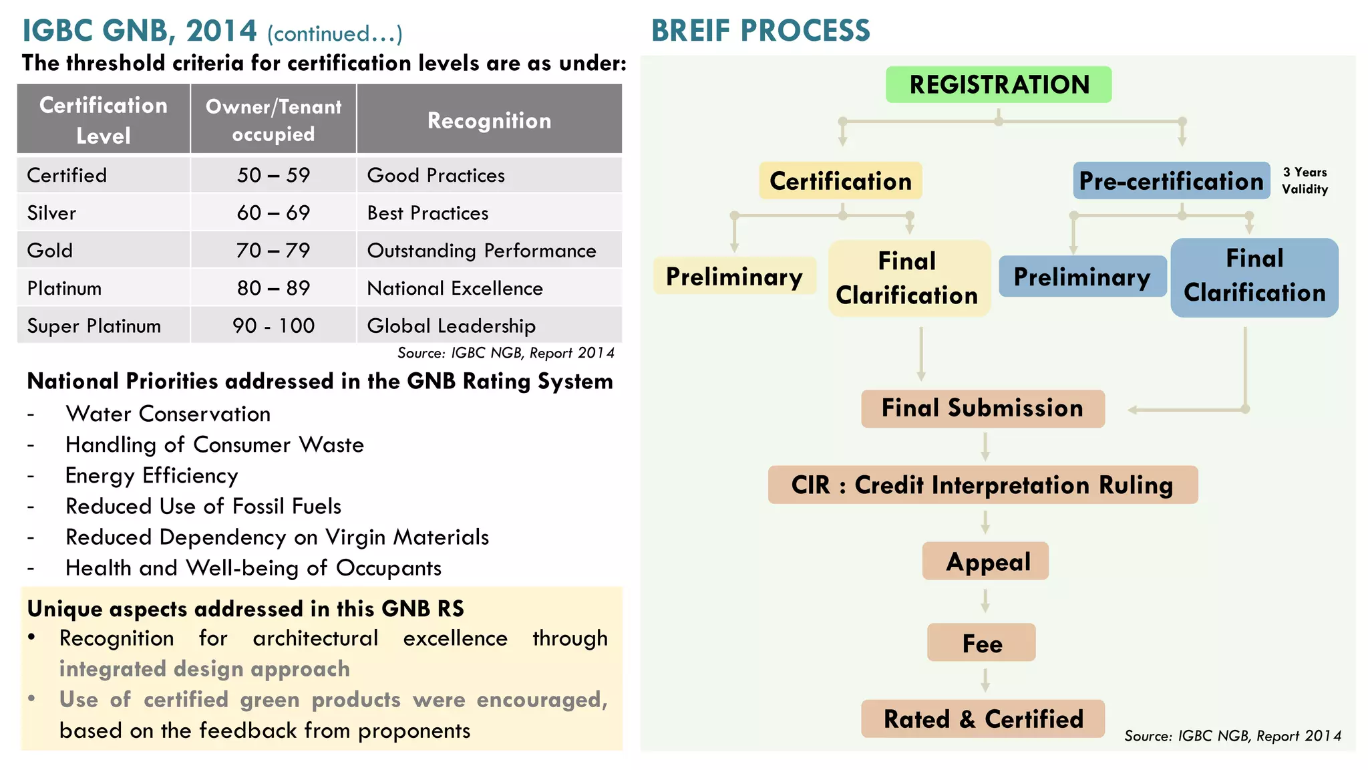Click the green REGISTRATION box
[999, 85]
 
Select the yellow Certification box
[840, 181]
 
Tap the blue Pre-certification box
[1171, 181]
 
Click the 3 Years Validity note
[1305, 180]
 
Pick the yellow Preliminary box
[734, 276]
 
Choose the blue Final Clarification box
[1254, 277]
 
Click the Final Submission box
[982, 408]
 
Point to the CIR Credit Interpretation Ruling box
[982, 485]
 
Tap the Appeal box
[986, 561]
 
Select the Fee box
[981, 643]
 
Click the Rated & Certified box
[983, 719]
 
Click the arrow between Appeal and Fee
[985, 601]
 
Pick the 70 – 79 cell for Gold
[273, 251]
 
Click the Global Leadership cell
[452, 326]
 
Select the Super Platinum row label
[94, 326]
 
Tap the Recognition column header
[489, 120]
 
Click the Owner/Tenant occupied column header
[273, 120]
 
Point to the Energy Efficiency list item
[152, 475]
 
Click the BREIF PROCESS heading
[760, 31]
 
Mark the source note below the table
[506, 353]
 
